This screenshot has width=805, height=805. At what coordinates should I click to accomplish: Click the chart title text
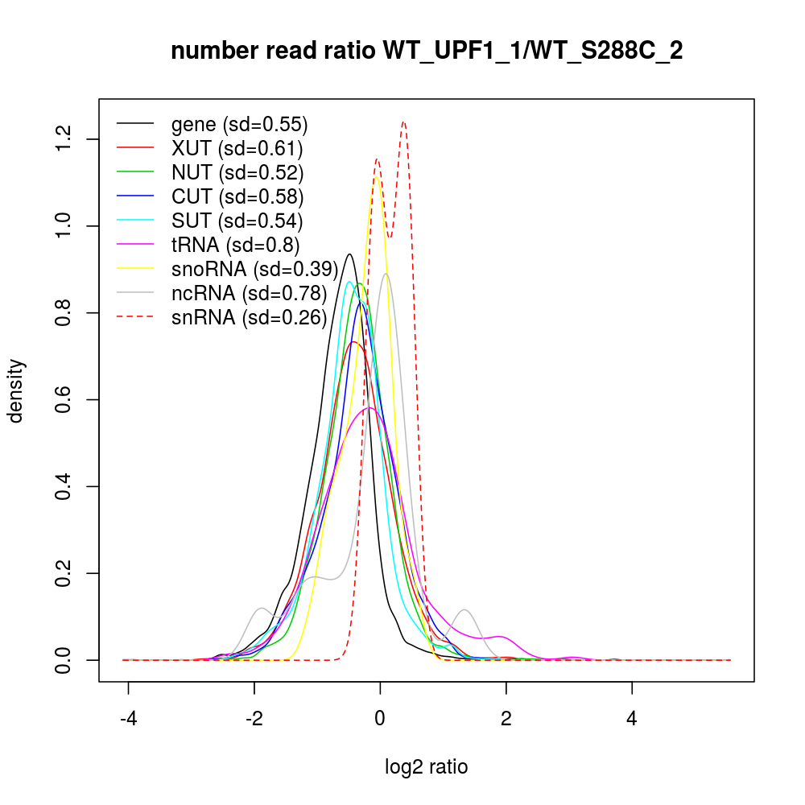pos(427,52)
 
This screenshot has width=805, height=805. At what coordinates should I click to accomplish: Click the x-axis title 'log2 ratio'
pos(427,767)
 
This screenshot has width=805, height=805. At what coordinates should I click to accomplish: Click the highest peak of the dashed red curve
pos(403,122)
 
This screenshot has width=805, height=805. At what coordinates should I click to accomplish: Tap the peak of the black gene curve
pos(349,254)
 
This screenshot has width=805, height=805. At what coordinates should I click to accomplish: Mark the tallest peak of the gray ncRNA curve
pos(386,274)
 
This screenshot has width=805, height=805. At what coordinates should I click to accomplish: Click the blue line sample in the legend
pos(135,196)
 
